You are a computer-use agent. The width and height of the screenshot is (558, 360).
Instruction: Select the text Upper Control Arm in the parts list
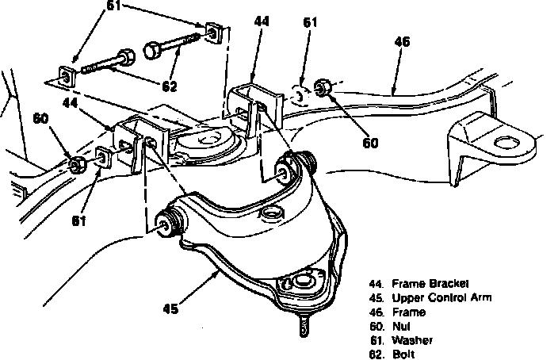coord(441,297)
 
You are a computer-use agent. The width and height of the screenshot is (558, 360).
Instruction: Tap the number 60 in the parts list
coord(376,326)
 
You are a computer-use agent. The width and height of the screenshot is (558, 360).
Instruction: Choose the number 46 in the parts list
coord(376,312)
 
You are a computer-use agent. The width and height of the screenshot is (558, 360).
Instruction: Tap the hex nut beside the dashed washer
coord(323,87)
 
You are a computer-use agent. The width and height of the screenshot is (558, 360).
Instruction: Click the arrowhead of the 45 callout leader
coord(220,271)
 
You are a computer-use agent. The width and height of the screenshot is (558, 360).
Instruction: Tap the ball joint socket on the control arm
coord(302,281)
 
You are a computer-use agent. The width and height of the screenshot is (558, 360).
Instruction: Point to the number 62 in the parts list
coord(376,354)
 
